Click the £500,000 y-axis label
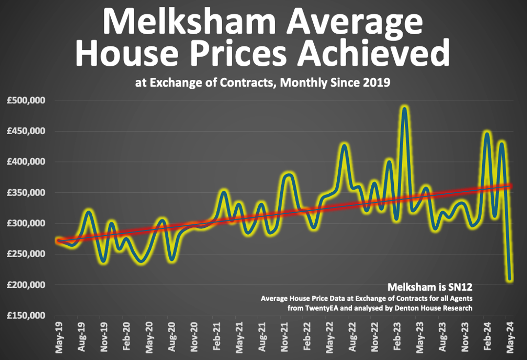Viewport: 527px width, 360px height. point(26,101)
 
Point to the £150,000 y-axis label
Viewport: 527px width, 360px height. point(26,316)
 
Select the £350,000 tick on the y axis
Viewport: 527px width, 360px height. point(26,193)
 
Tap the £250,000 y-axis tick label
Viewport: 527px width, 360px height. point(26,254)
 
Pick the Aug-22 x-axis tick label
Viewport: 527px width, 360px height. point(352,337)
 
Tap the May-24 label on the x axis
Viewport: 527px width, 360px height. point(509,337)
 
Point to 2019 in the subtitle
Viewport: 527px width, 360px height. point(376,82)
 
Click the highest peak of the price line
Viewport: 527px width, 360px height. point(404,108)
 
